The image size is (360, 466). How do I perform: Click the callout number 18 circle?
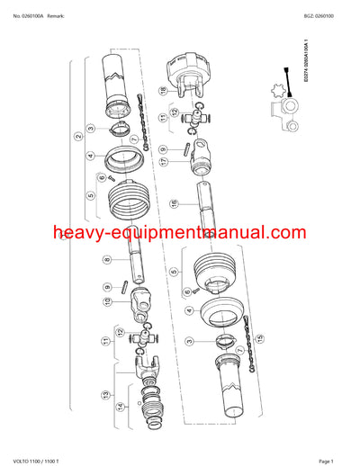pyautogui.click(x=163, y=91)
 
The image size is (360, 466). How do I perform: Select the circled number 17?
pyautogui.click(x=164, y=161)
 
